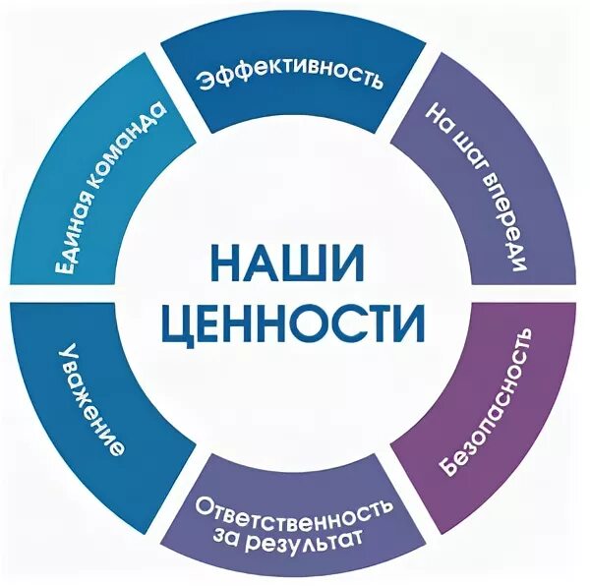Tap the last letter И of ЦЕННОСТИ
(408, 321)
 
